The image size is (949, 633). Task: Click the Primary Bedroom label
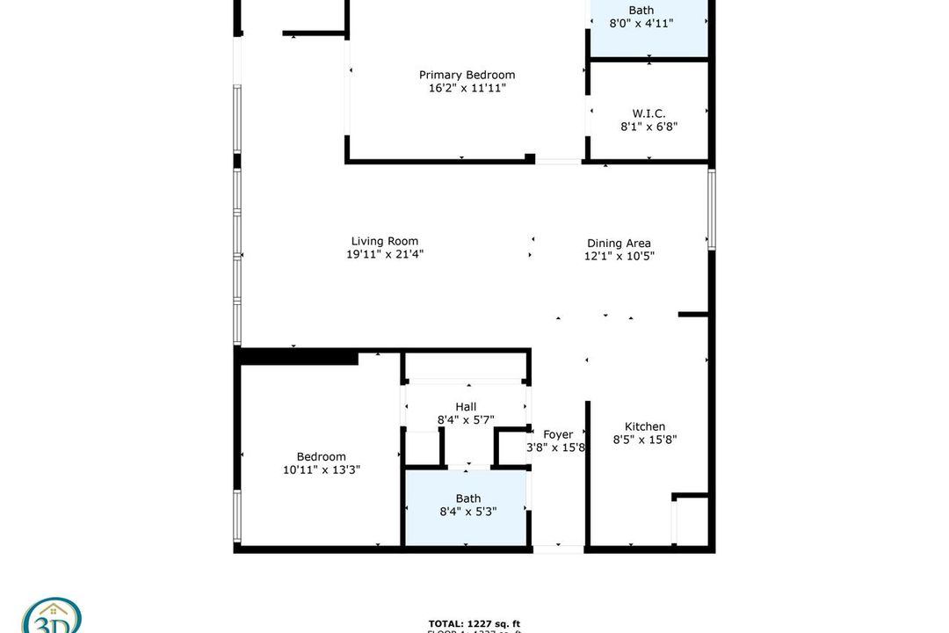467,75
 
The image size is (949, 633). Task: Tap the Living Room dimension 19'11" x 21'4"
385,255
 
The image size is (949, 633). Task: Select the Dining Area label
619,244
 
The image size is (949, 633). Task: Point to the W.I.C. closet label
648,113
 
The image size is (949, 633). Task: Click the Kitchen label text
644,426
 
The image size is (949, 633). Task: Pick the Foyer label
558,434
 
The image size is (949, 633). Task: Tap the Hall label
466,407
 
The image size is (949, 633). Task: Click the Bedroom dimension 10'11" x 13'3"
322,469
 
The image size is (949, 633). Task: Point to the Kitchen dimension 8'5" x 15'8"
644,440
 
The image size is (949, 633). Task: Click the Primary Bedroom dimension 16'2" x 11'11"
467,88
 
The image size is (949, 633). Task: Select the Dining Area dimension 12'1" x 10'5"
619,257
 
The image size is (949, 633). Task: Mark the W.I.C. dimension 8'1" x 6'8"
648,127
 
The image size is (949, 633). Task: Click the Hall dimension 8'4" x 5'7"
466,420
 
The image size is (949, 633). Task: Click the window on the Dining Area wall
712,209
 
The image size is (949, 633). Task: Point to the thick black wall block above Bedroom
299,357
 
